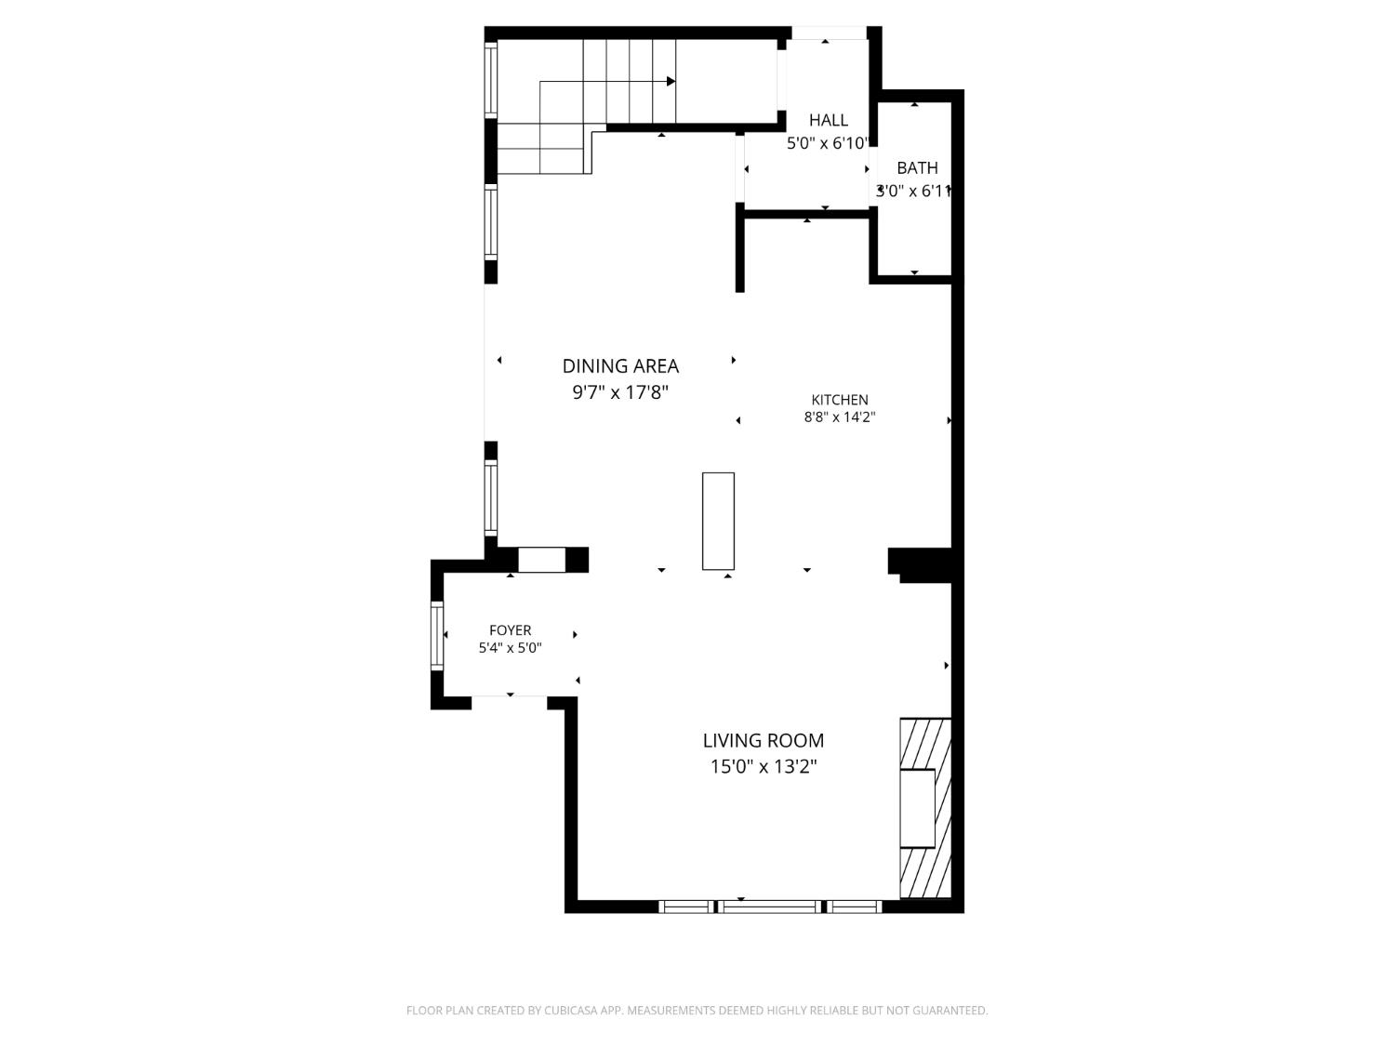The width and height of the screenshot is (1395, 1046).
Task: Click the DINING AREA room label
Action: click(x=620, y=365)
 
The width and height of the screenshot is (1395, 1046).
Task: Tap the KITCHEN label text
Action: click(x=839, y=400)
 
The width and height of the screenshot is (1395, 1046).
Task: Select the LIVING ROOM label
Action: click(x=763, y=740)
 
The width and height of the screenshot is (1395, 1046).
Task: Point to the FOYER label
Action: click(x=510, y=630)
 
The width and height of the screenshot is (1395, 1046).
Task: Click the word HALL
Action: click(x=828, y=120)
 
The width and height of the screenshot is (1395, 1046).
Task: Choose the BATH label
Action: click(x=917, y=167)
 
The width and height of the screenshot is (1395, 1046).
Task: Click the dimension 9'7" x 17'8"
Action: click(x=620, y=392)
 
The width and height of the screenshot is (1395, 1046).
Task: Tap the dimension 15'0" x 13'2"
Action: click(x=763, y=766)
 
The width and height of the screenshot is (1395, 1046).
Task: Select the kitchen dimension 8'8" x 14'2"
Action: click(x=839, y=417)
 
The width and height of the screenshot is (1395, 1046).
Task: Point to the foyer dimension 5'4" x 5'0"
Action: click(x=510, y=648)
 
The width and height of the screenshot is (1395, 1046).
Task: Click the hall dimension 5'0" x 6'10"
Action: click(x=828, y=143)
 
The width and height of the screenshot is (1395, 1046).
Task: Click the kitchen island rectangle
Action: click(x=718, y=521)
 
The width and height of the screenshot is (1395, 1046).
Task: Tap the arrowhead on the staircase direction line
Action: click(x=671, y=81)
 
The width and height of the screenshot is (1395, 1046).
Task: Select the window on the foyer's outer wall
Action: click(x=436, y=635)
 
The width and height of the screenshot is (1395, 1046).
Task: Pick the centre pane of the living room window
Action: click(x=770, y=907)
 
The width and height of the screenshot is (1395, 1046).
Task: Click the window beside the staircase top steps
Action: click(x=491, y=79)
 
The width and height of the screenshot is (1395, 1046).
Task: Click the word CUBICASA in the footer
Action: click(x=571, y=1011)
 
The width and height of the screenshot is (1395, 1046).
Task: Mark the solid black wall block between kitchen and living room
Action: click(x=920, y=564)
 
